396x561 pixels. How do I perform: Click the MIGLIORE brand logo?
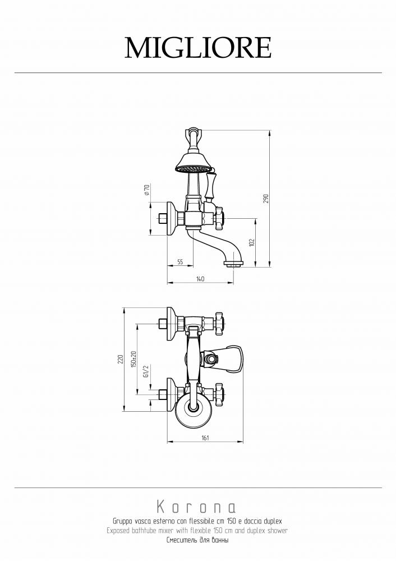point(198,48)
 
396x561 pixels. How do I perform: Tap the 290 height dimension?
point(266,199)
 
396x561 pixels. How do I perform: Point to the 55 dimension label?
point(180,262)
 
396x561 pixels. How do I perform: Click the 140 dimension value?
point(200,279)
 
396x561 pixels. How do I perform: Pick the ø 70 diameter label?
point(146,190)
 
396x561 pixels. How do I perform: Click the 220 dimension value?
point(121,359)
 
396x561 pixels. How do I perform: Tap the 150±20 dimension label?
point(134,359)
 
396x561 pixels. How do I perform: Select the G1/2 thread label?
point(146,371)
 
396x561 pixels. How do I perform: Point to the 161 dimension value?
point(205,438)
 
